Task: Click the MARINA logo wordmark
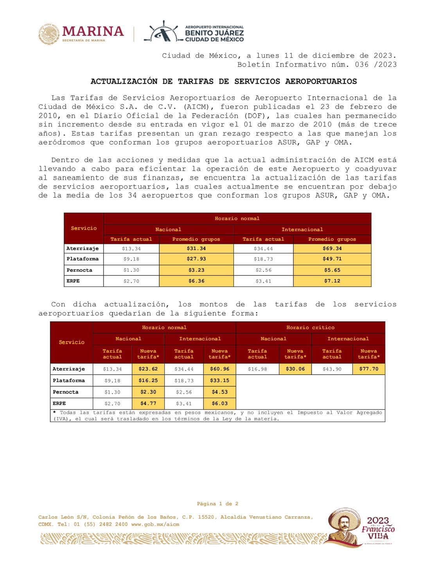pos(93,31)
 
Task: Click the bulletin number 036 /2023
pos(376,65)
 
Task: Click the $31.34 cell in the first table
pos(196,249)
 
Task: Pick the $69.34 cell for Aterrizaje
pos(332,249)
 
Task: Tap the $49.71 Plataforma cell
pos(332,259)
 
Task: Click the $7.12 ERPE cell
pos(332,281)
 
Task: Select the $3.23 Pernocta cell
pos(196,270)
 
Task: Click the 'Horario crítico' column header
pos(310,328)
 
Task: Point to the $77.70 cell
pos(368,369)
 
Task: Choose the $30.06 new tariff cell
pos(295,369)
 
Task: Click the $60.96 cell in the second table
pos(219,369)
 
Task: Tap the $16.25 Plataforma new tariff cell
pos(148,380)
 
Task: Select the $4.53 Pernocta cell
pos(219,392)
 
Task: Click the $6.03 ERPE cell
pos(219,403)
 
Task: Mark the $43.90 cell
pos(332,369)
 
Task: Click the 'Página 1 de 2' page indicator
pos(217,504)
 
